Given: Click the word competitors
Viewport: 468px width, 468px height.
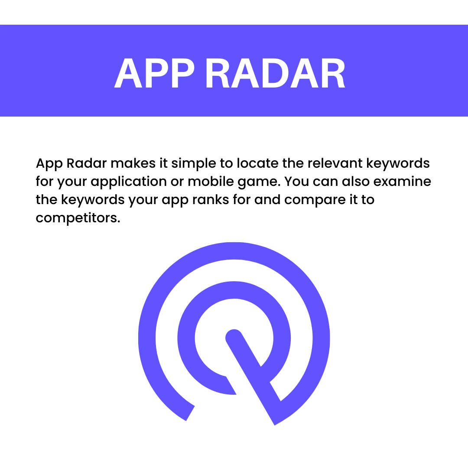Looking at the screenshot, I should pyautogui.click(x=77, y=218).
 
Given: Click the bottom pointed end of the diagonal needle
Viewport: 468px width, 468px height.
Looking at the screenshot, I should pyautogui.click(x=275, y=422).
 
